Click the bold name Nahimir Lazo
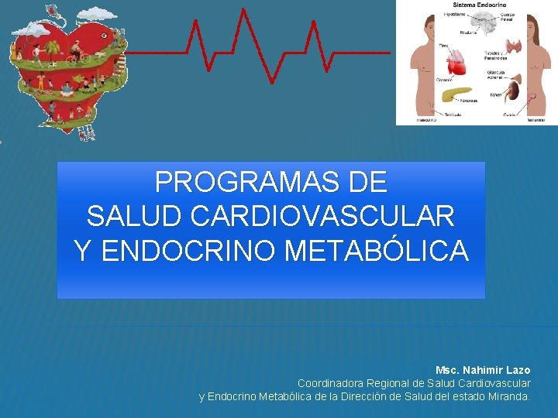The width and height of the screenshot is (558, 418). coord(497,371)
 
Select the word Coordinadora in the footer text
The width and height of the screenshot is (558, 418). coord(331,383)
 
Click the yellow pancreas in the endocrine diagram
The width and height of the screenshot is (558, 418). coord(456,95)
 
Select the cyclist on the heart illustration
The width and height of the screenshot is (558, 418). coord(74,56)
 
